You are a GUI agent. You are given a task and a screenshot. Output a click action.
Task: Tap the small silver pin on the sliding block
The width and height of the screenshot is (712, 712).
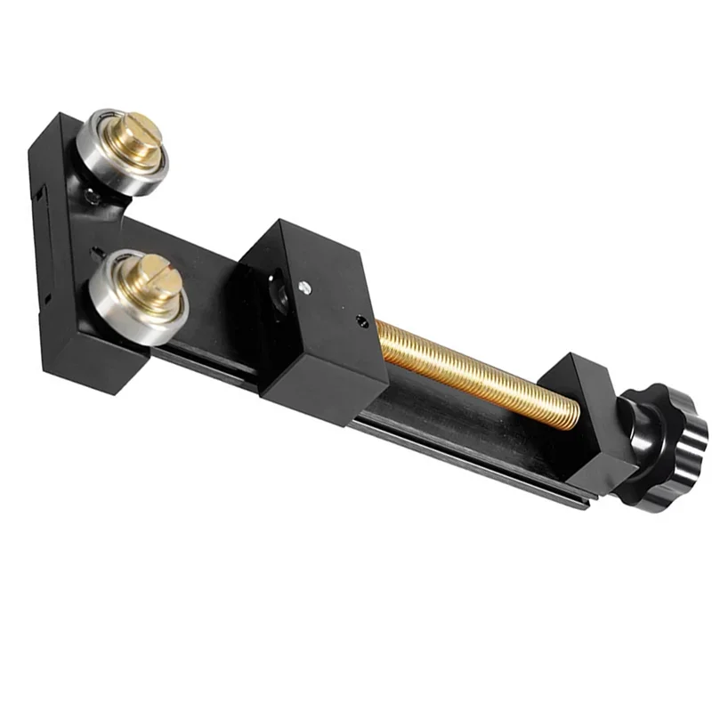(305, 287)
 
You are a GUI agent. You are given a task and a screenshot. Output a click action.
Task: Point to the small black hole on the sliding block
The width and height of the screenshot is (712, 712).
(360, 321)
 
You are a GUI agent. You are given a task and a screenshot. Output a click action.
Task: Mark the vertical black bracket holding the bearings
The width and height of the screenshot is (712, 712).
(53, 249)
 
